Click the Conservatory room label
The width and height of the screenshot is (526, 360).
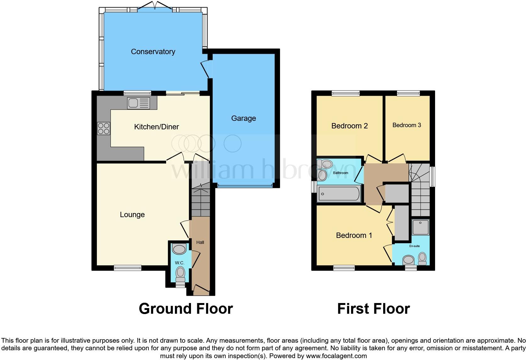point(153,52)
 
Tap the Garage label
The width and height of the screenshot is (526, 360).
point(243,118)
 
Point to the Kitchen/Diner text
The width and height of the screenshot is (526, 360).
point(156,127)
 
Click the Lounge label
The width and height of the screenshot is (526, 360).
point(132,215)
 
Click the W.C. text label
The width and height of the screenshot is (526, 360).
point(180,263)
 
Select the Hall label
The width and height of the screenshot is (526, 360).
point(200,242)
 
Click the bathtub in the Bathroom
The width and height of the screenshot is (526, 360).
point(339,194)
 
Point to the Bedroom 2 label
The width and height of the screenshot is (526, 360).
point(350,126)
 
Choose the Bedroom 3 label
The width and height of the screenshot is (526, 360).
point(406,125)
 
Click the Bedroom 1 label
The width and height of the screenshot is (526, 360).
point(354,235)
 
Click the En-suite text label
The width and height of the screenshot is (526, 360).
point(414,246)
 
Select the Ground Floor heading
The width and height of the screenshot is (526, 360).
point(186,309)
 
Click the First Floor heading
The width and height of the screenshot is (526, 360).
point(373,309)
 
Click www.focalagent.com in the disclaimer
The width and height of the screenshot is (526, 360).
point(336,356)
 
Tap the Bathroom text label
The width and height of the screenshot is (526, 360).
point(340,173)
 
